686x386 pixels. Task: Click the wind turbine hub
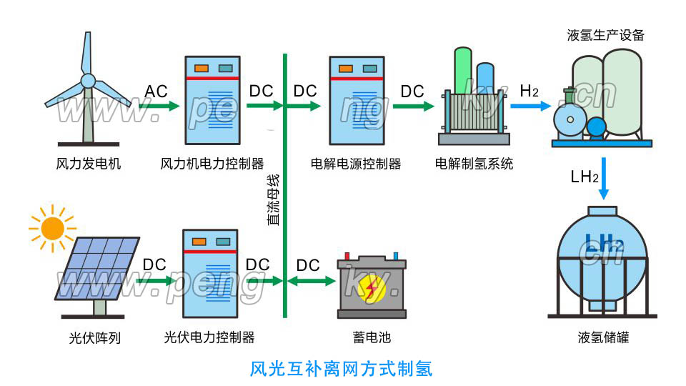(87, 81)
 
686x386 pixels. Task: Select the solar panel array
(97, 268)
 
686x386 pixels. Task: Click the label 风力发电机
(88, 164)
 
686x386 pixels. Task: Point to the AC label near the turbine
(156, 91)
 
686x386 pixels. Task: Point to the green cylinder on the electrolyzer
(463, 71)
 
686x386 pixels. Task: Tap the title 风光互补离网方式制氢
(342, 369)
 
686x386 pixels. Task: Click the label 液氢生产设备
(605, 35)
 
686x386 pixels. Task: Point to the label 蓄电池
(372, 337)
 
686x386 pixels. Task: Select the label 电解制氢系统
(474, 164)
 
